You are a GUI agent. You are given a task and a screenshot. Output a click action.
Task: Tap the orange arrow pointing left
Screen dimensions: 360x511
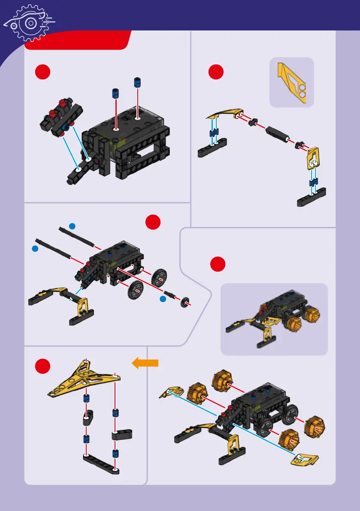click(145, 364)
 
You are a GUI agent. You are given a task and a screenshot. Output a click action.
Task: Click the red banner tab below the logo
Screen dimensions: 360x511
click(77, 41)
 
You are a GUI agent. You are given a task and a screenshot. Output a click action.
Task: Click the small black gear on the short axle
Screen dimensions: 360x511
click(186, 301)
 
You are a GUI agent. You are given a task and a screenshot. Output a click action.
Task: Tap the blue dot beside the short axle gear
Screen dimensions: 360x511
click(163, 299)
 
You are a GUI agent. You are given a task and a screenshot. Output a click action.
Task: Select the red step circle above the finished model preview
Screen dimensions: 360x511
click(218, 264)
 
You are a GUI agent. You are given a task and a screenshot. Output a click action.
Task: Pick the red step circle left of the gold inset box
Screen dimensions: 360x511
click(216, 72)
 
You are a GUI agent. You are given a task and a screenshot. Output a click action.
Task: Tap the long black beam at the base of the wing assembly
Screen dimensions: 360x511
click(101, 463)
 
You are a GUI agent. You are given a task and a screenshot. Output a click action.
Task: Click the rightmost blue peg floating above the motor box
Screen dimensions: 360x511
click(138, 82)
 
